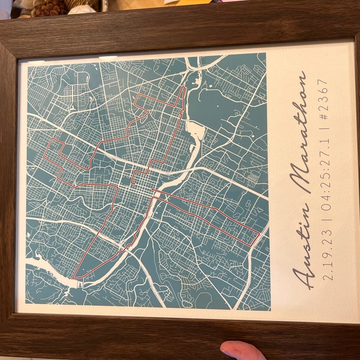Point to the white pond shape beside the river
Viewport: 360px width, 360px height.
click(x=194, y=130)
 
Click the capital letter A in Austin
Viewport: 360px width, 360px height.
click(x=303, y=273)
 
